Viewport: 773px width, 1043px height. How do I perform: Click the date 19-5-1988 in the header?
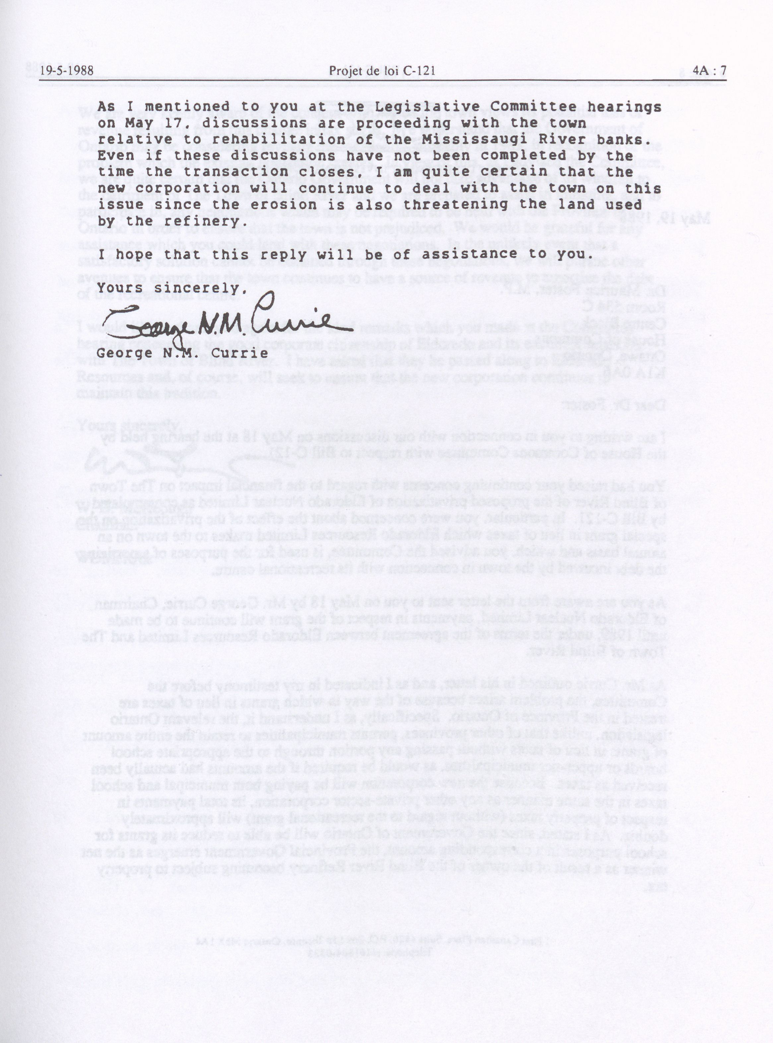click(66, 71)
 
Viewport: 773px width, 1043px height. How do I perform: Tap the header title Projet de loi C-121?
click(382, 71)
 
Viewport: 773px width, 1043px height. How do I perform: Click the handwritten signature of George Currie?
click(220, 320)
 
